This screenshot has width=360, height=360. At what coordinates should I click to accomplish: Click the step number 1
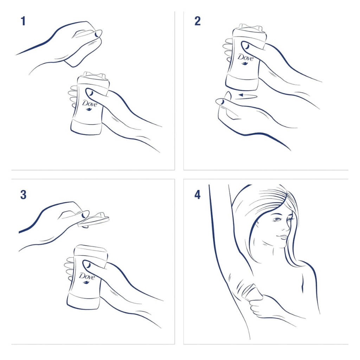23,21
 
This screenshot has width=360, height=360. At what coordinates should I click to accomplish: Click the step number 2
198,21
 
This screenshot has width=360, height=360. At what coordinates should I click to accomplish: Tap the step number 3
23,195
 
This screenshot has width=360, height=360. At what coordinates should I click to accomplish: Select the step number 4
198,195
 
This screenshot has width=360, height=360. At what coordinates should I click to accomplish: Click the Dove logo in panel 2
245,57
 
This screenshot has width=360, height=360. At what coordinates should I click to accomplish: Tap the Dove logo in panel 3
86,277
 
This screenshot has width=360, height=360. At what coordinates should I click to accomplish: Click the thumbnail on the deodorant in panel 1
90,93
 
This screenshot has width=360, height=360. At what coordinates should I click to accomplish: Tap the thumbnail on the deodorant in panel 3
87,265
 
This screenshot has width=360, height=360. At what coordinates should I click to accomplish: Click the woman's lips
281,237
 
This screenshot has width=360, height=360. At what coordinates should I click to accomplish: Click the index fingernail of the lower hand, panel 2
220,102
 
